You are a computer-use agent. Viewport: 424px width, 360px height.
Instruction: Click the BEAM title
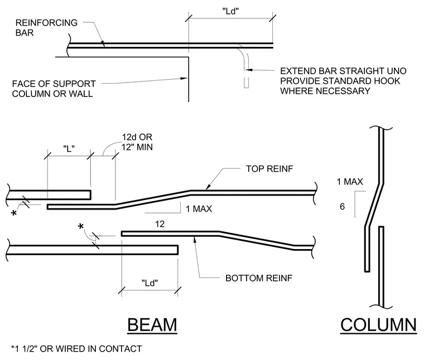pos(152,325)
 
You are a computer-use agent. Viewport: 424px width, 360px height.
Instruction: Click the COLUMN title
pos(378,325)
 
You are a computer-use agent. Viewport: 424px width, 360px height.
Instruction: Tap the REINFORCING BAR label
pos(46,27)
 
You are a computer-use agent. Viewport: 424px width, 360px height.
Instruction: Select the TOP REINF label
pos(269,169)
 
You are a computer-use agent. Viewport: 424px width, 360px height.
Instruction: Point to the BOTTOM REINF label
pos(259,278)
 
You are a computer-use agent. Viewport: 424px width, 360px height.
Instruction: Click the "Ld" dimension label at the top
pos(230,11)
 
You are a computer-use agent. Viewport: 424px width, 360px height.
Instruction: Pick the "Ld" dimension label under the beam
pos(150,283)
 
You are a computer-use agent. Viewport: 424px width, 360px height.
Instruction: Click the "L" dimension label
pos(69,149)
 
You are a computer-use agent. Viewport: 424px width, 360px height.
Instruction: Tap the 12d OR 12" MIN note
pos(137,142)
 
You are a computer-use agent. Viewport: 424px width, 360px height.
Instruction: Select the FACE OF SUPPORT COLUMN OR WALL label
pos(54,89)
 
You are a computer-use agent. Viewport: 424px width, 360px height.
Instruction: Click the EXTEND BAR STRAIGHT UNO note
pos(343,81)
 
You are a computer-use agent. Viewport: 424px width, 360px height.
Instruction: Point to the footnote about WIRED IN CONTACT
pos(76,349)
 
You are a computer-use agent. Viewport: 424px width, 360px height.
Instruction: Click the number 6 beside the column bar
pos(342,207)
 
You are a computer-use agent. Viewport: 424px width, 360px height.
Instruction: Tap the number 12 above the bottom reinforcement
pos(160,224)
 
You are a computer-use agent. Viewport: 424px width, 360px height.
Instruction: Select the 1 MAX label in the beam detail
pos(199,209)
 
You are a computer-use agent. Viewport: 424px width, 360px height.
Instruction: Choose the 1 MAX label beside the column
pos(350,182)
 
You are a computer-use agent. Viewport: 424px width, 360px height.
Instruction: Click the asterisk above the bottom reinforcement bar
pos(80,226)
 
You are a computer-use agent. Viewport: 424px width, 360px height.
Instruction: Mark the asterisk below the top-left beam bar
pos(14,213)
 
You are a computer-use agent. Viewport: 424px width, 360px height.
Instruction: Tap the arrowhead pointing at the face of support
pos(184,79)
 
